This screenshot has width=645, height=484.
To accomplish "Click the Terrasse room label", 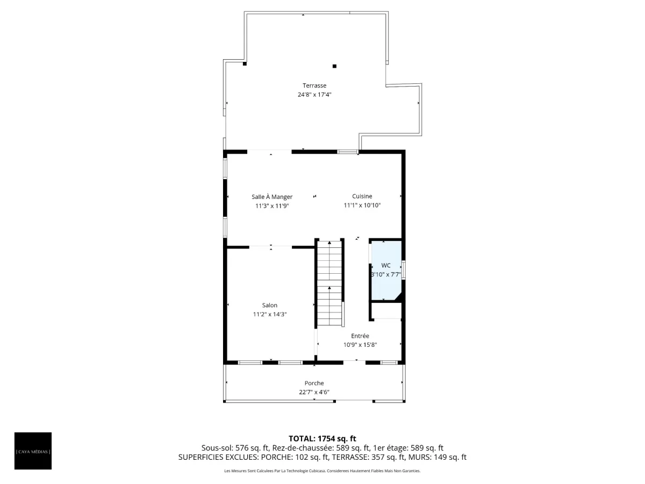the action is (x=314, y=86).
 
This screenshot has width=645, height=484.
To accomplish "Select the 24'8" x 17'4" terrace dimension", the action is (x=314, y=95).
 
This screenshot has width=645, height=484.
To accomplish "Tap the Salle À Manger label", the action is (x=272, y=197).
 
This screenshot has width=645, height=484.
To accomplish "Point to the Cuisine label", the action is (x=362, y=196).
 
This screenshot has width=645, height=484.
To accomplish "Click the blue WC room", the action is (x=386, y=271).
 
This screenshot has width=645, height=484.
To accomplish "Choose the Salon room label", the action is (x=269, y=305).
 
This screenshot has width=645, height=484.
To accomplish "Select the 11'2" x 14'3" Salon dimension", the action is (x=269, y=314).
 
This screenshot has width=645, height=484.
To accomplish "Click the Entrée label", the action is (x=360, y=336).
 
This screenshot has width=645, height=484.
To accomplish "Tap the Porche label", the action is (x=314, y=383).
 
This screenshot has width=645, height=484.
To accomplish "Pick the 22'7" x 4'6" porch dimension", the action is (x=314, y=392).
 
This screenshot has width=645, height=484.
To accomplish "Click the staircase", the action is (x=329, y=283).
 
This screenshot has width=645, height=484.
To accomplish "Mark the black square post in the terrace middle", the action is (x=334, y=66).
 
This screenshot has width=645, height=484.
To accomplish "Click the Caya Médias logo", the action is (x=33, y=451).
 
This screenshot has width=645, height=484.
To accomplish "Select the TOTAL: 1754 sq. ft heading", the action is (x=322, y=439).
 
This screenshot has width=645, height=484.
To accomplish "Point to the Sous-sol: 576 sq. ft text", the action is (x=235, y=448).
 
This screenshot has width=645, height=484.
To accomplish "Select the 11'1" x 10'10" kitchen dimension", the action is (x=362, y=205).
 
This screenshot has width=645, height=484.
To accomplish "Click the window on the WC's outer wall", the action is (x=404, y=269).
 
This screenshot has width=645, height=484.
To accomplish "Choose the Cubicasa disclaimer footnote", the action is (x=322, y=471).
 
